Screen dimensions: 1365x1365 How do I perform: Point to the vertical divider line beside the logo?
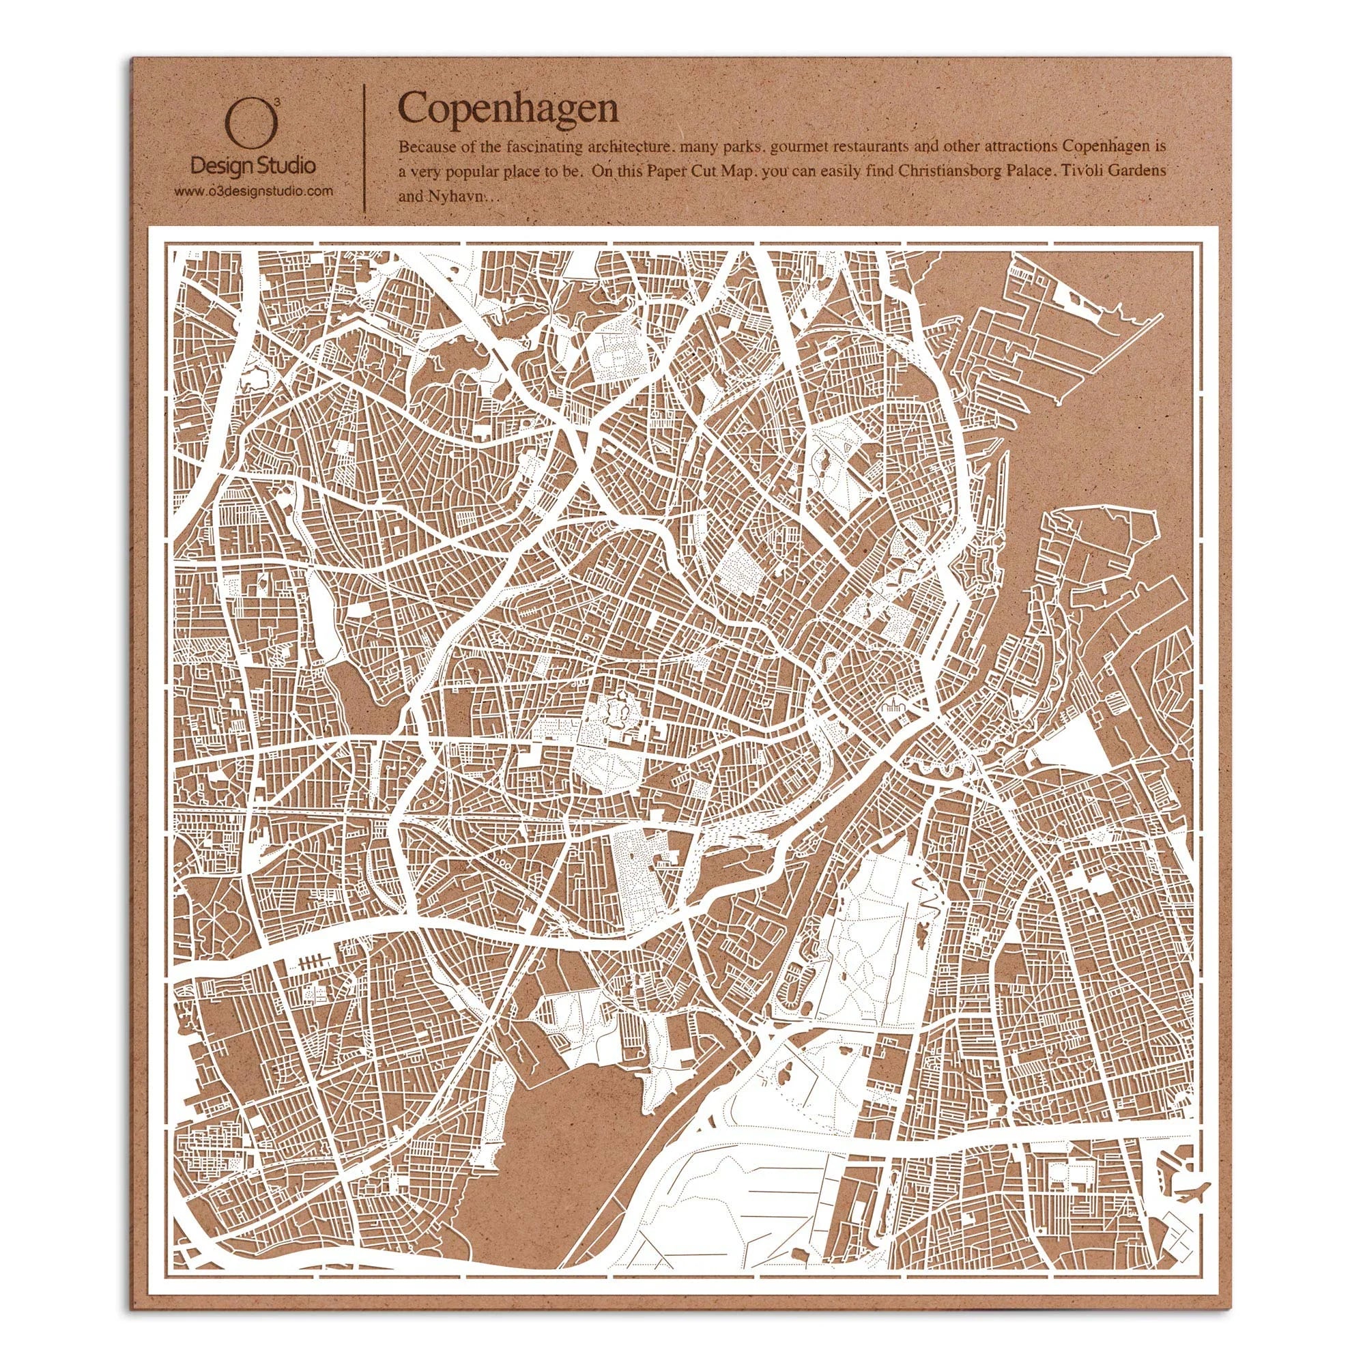(x=364, y=148)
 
